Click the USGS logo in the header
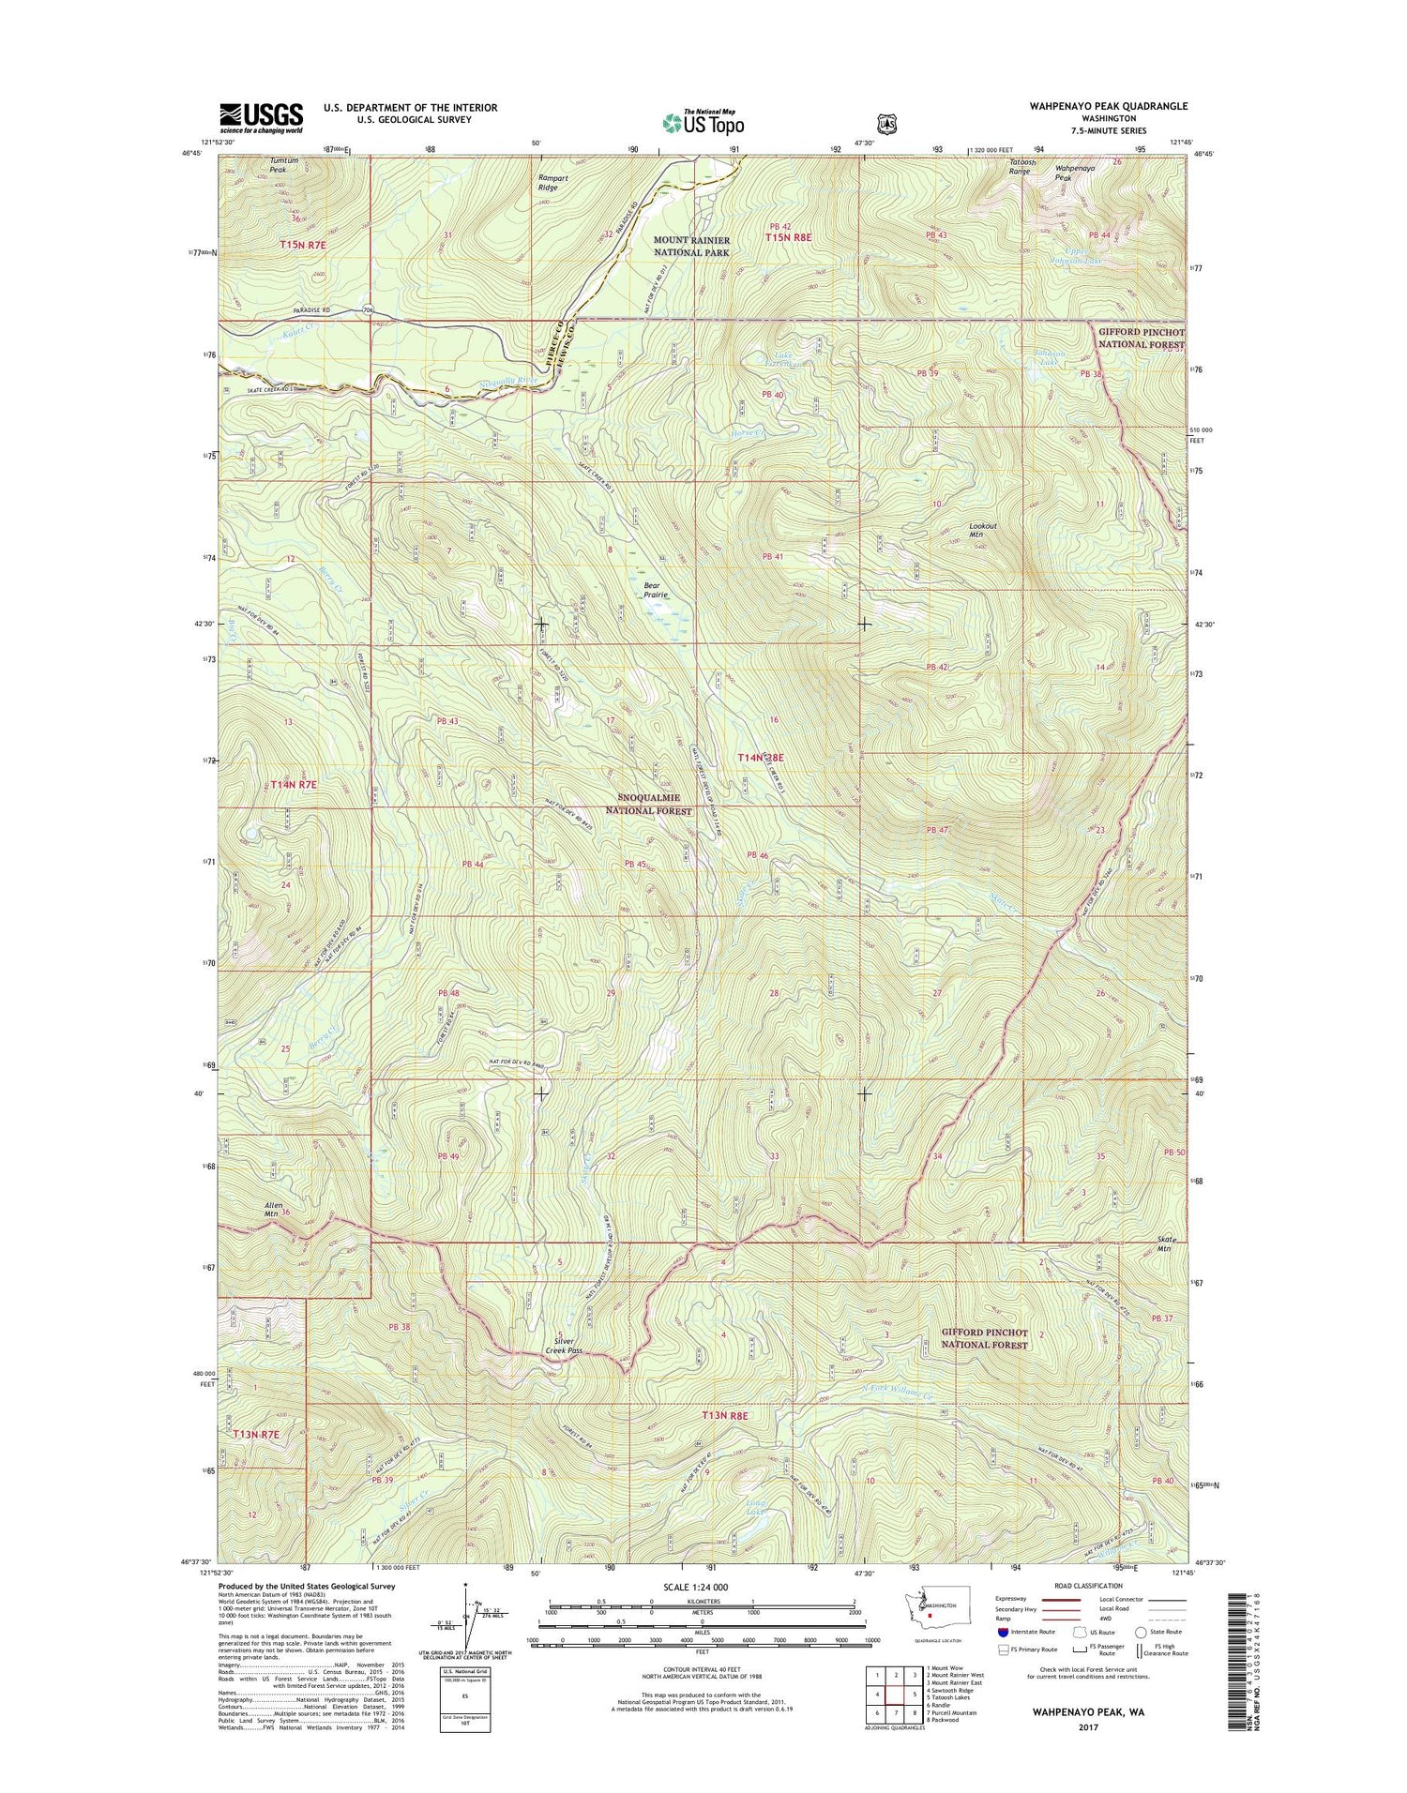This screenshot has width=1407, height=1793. coord(261,118)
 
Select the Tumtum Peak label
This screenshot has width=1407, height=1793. coord(283,165)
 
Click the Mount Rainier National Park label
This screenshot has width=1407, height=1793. coord(691,247)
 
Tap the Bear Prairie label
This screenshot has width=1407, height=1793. coord(656,590)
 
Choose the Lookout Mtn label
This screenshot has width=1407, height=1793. coord(983,531)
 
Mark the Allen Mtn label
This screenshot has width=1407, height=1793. coord(273,1210)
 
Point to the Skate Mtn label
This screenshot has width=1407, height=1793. coord(1164,1244)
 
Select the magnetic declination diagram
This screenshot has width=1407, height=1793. coord(466,1621)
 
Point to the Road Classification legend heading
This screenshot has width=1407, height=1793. coord(1088,1586)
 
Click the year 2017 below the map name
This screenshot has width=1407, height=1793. coord(1088,1726)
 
